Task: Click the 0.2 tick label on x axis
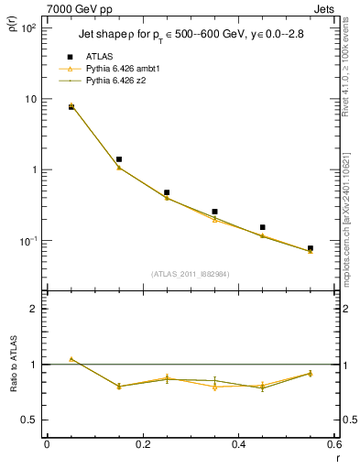click(x=142, y=445)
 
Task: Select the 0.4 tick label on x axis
click(x=237, y=445)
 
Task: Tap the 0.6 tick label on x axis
click(x=333, y=445)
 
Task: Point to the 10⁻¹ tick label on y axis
click(x=28, y=241)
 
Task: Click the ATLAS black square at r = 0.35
click(x=214, y=212)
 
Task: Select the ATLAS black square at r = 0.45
click(x=262, y=227)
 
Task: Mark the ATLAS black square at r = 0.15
click(x=119, y=159)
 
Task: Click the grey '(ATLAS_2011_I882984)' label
click(x=191, y=273)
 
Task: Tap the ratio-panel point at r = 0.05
click(x=71, y=359)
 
